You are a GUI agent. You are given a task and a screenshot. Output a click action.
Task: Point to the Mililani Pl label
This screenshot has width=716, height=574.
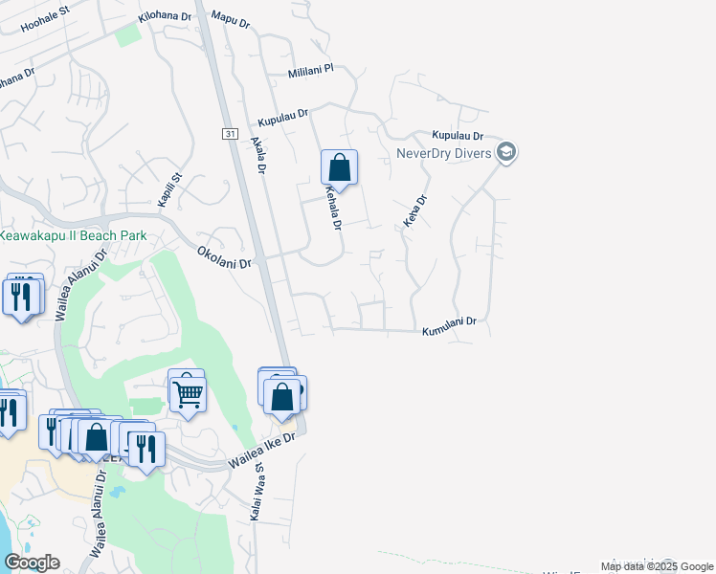[310, 71]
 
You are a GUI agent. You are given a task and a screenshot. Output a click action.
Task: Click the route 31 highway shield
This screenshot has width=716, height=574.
[231, 134]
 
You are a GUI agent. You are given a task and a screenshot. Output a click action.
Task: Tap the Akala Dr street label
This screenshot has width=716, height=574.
[258, 154]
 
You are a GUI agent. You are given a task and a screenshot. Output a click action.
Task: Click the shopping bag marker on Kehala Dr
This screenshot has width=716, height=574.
[340, 168]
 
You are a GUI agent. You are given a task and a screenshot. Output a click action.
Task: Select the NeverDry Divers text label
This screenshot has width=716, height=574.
[444, 153]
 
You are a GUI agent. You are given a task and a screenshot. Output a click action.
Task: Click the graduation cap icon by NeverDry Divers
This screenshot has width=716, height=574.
[506, 152]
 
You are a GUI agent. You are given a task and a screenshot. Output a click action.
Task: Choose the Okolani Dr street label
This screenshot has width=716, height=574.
[224, 256]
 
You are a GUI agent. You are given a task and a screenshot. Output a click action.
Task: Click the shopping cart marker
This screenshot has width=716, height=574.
[188, 392]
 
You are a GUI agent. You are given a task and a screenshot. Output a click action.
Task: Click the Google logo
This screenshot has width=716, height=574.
[32, 563]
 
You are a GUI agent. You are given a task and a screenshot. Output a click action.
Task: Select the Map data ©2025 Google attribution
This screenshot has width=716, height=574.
[656, 566]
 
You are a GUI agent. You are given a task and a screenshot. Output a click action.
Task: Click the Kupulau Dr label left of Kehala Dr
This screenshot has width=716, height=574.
[283, 119]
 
